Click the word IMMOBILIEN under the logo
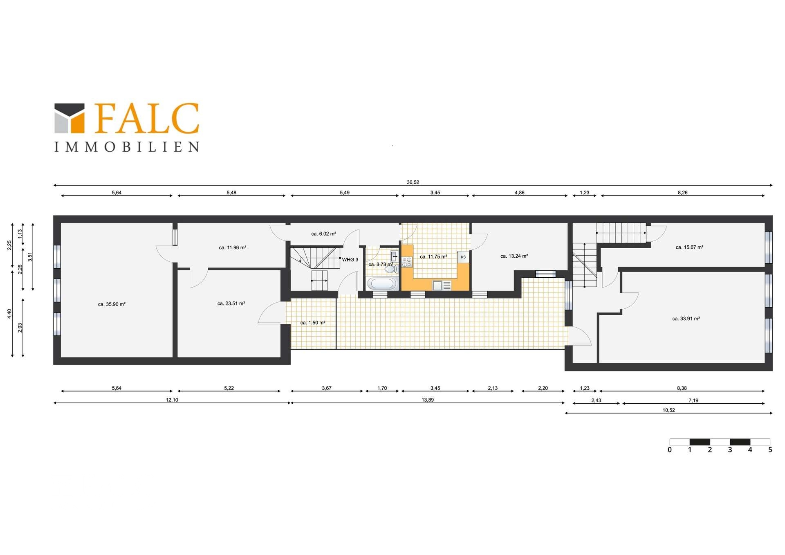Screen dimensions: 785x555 coord(127,147)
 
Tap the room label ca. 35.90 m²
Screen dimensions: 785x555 coord(112,304)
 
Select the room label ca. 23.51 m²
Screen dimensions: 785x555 coord(231,303)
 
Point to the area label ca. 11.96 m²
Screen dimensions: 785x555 coord(232,247)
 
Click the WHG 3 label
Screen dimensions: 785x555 coord(350,260)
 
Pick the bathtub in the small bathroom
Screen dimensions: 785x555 coord(382,283)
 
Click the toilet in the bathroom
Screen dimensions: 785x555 coord(391,269)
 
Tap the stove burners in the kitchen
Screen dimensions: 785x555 coord(407,262)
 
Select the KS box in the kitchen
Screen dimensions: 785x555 coord(463,257)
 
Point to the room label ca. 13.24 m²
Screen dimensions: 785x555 coord(514,256)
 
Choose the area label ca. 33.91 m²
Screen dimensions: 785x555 coord(686,319)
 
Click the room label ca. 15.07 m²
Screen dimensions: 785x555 coord(689,247)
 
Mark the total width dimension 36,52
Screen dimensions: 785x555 coord(413,182)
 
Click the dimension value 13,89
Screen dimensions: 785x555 coord(428,400)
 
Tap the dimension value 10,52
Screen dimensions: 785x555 coord(669,410)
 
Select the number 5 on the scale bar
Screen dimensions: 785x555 coord(770,450)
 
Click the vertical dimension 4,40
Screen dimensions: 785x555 coord(9,314)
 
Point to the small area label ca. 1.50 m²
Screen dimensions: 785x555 coord(313,323)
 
